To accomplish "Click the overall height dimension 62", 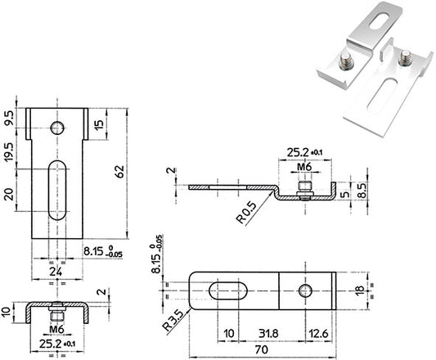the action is (120, 172).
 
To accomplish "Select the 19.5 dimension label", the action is (9, 151).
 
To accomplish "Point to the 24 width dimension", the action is (56, 272).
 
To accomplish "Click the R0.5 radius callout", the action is (246, 213).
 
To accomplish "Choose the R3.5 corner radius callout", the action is (173, 321).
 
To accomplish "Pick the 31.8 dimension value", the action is (268, 333).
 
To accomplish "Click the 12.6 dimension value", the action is (319, 333).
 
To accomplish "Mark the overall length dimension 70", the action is (262, 349).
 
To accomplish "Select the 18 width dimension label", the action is (360, 290).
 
